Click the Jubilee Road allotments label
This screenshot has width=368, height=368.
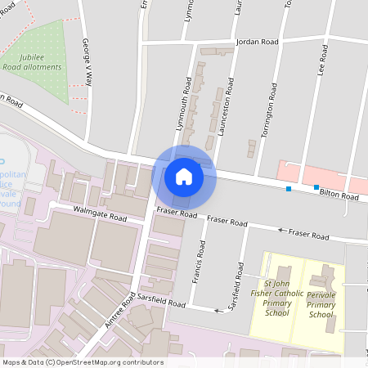click(36, 61)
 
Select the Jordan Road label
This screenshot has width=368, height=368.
click(257, 41)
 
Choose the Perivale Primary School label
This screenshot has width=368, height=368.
click(321, 303)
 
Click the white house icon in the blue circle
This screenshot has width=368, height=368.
click(184, 176)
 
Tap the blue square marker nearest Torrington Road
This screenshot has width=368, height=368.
click(288, 189)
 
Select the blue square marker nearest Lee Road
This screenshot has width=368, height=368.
click(316, 187)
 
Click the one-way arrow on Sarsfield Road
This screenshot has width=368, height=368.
click(218, 311)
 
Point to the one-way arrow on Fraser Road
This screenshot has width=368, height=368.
click(281, 231)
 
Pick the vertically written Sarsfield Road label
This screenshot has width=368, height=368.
click(239, 280)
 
